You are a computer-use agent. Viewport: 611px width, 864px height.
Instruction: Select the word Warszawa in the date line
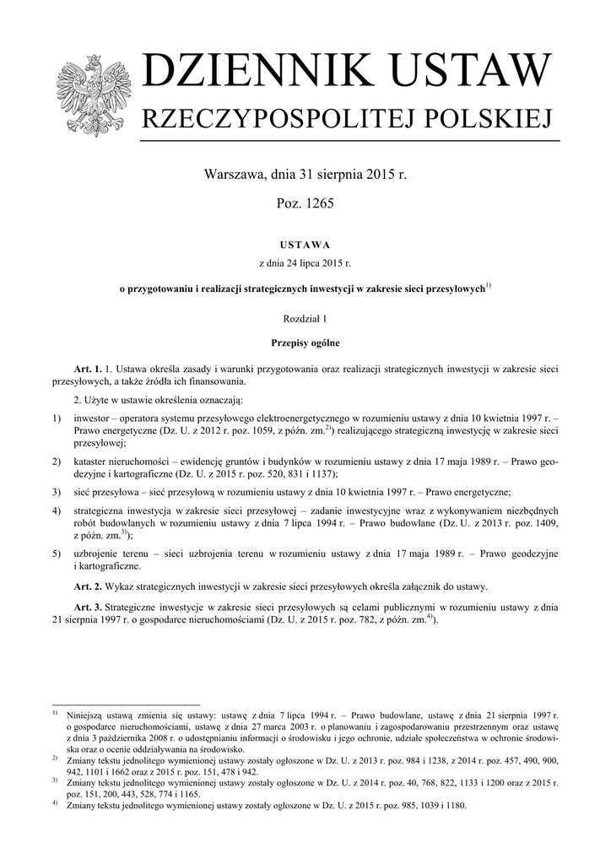[235, 176]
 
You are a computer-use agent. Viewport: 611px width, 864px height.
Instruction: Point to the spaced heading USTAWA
[305, 245]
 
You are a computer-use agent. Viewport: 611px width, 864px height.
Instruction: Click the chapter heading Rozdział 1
[305, 319]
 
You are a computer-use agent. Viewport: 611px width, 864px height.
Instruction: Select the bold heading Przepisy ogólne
[305, 343]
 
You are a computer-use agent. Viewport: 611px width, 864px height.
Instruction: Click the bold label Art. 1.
[88, 369]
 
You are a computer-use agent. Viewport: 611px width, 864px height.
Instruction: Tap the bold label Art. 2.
[88, 586]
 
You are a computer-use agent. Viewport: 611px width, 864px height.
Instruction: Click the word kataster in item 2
[95, 463]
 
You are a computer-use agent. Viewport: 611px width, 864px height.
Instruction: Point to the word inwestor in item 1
[95, 418]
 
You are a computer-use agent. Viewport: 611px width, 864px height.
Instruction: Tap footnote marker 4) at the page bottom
[55, 803]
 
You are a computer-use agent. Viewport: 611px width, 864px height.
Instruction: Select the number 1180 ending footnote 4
[454, 805]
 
